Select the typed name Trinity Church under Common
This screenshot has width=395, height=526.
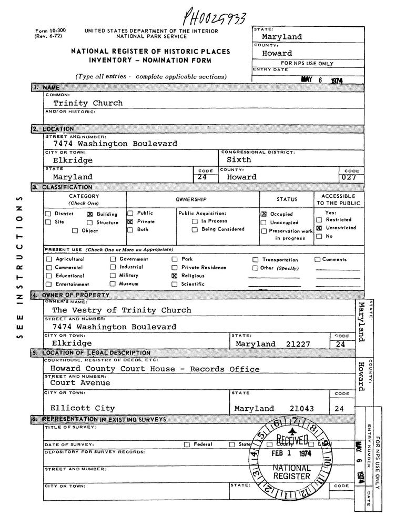(88, 103)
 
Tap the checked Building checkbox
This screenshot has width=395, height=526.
(89, 215)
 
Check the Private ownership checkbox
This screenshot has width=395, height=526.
(129, 222)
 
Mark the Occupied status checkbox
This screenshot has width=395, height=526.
(264, 215)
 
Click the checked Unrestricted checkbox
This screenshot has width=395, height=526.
(319, 228)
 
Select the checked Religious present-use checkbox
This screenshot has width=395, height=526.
(175, 276)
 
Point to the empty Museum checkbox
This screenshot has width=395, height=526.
(113, 284)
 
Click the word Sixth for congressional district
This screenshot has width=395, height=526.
(239, 159)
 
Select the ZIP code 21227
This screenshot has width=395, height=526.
(302, 344)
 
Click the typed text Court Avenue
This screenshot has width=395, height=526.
(80, 383)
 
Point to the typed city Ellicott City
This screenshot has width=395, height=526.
(83, 408)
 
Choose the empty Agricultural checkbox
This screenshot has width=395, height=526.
(49, 259)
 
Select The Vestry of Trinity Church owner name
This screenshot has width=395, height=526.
(121, 310)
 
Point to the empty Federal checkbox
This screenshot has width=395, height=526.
(187, 444)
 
